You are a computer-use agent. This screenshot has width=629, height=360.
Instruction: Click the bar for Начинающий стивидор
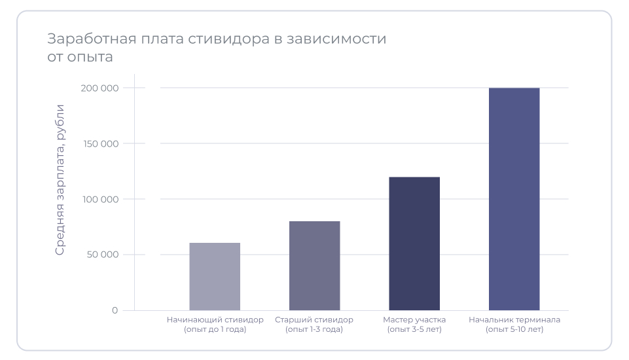point(215,276)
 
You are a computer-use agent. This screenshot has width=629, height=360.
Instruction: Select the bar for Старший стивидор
point(315,265)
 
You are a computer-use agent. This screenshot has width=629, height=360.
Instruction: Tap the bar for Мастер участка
point(414,243)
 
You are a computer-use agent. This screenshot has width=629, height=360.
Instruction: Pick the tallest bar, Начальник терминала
point(514,198)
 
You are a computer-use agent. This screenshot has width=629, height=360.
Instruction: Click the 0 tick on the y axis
point(115,310)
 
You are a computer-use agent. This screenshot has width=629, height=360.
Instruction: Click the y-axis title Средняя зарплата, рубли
point(60,179)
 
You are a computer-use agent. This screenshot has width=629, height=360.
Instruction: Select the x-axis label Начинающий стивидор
point(215,320)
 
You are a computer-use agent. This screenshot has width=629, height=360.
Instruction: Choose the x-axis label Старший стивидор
point(314,320)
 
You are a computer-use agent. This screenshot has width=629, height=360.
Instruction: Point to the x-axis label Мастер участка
point(414,320)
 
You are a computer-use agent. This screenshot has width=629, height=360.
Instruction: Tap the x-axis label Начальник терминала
point(514,320)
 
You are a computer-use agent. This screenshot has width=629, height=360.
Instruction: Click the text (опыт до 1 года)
point(215,330)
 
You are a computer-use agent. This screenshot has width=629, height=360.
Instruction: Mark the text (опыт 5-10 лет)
point(514,330)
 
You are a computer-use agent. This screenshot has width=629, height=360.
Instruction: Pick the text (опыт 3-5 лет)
point(414,330)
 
